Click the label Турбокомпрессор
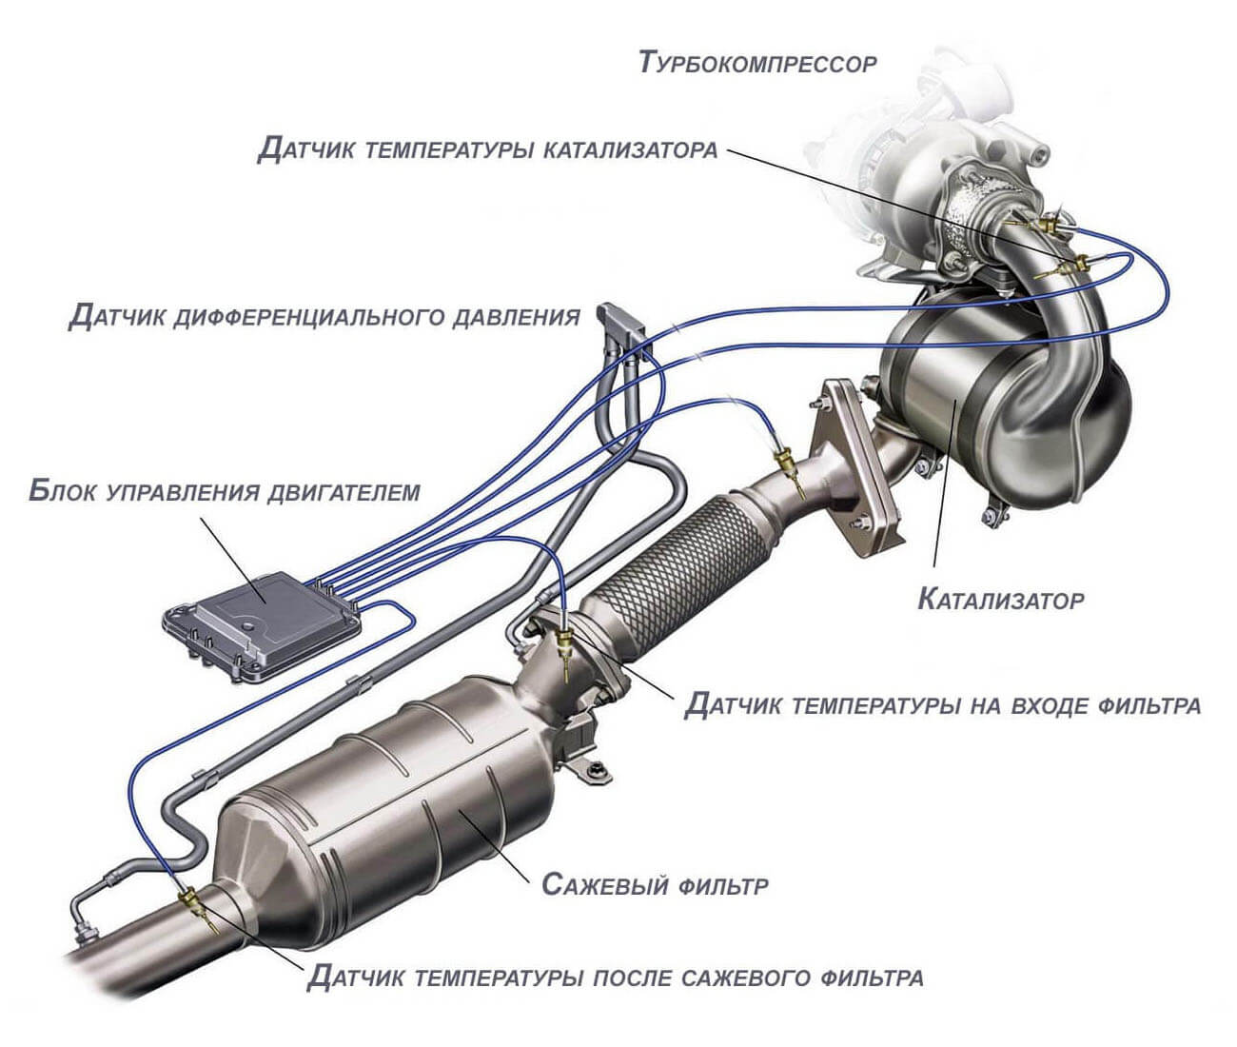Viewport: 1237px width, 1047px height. (757, 64)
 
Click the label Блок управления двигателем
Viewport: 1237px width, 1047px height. (225, 491)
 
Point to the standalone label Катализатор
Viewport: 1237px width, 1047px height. (1000, 601)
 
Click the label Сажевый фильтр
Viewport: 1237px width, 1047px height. (655, 885)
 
